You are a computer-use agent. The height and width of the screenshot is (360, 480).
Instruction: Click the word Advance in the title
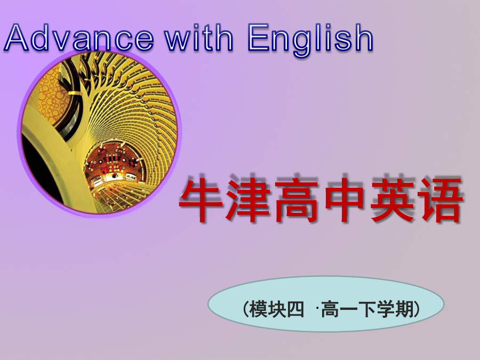(x=78, y=37)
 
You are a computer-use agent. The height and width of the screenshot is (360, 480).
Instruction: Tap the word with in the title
(x=199, y=37)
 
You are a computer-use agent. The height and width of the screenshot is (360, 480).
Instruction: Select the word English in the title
(x=310, y=40)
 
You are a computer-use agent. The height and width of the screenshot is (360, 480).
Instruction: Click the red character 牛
(x=202, y=201)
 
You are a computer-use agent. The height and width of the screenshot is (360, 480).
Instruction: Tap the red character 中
(x=345, y=201)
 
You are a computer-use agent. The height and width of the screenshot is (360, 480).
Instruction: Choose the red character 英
(x=393, y=201)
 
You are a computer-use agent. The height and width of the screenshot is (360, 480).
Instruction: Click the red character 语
(x=441, y=201)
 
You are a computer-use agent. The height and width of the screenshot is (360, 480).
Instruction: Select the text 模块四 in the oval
(x=277, y=309)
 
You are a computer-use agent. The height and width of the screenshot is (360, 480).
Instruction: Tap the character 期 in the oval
(x=404, y=309)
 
